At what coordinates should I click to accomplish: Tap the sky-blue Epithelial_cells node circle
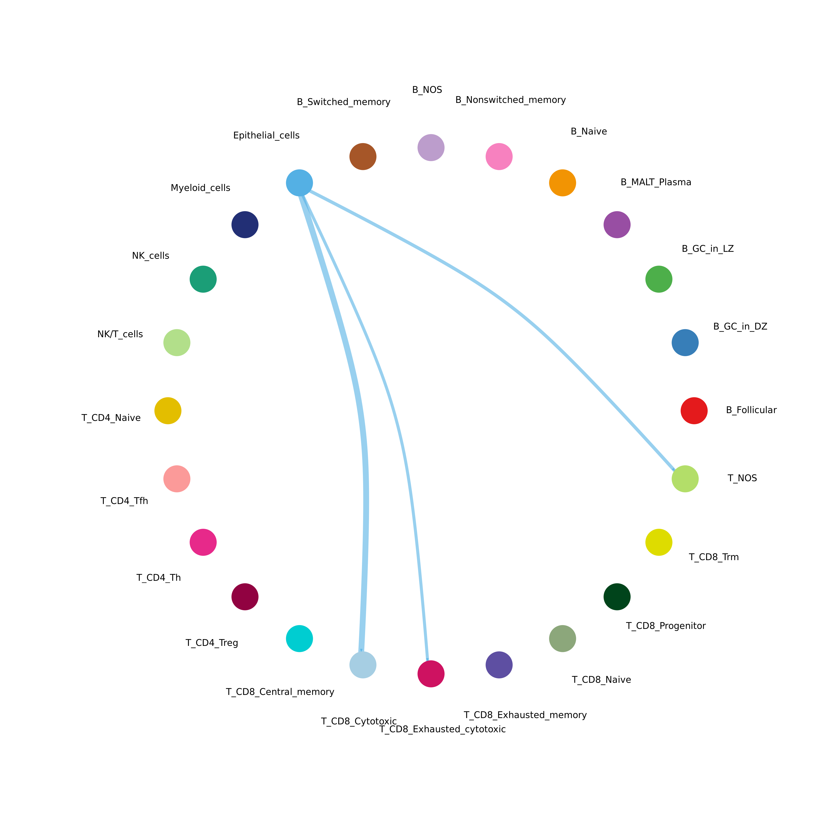pyautogui.click(x=299, y=183)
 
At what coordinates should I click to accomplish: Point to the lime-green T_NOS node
pyautogui.click(x=685, y=479)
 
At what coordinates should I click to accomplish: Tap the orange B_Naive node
pyautogui.click(x=562, y=183)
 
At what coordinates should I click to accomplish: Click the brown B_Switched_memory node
pyautogui.click(x=363, y=156)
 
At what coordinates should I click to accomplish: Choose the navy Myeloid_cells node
pyautogui.click(x=245, y=225)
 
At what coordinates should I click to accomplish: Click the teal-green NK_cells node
pyautogui.click(x=203, y=279)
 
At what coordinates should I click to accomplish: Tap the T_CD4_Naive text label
pyautogui.click(x=111, y=418)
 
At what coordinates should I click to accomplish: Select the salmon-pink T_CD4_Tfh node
pyautogui.click(x=177, y=479)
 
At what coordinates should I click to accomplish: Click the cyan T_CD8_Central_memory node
pyautogui.click(x=299, y=638)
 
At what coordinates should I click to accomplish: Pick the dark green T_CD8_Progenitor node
pyautogui.click(x=617, y=597)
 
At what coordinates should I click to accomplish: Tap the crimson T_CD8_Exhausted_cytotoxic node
pyautogui.click(x=431, y=674)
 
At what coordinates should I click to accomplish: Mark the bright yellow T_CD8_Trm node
pyautogui.click(x=659, y=542)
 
